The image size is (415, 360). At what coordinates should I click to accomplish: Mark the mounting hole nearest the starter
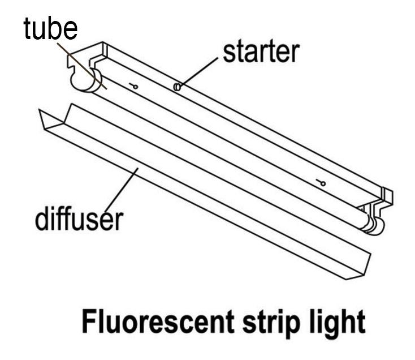pos(133,86)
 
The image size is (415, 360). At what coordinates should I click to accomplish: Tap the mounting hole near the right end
pos(321,182)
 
